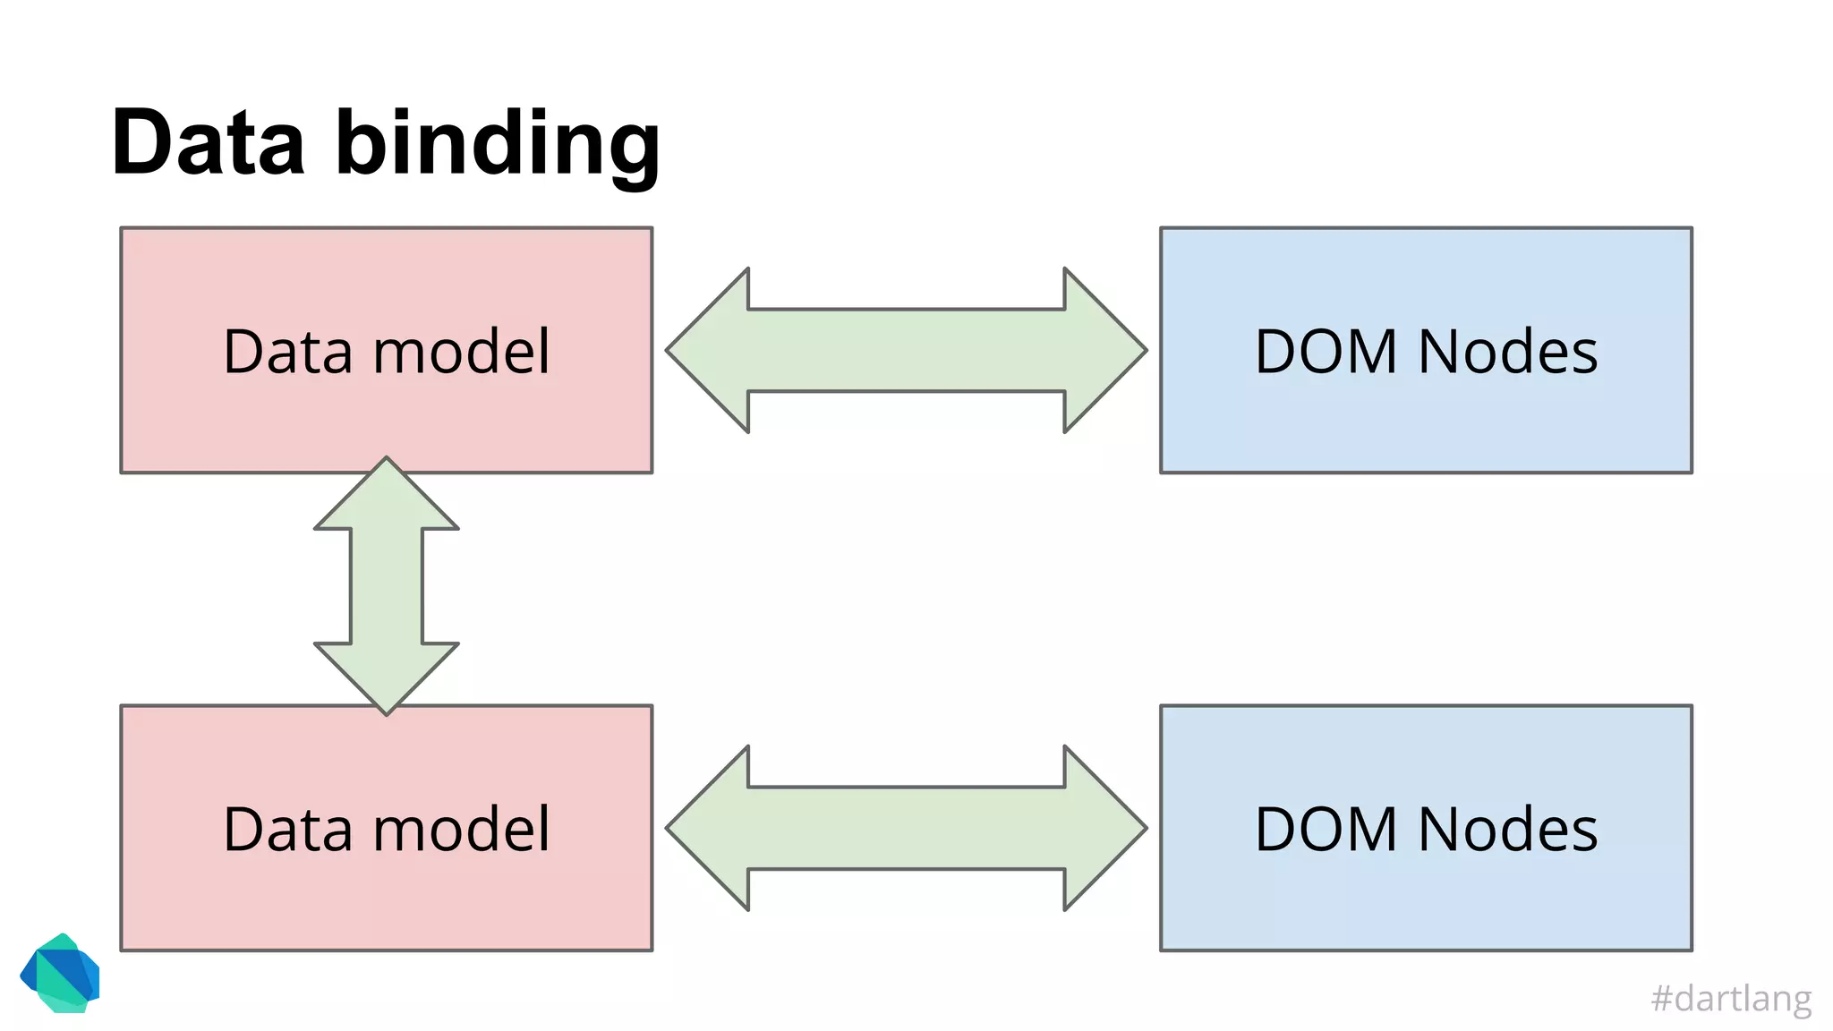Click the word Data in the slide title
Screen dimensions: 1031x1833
209,143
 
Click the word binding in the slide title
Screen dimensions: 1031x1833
498,145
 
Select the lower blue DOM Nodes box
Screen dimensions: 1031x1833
1426,904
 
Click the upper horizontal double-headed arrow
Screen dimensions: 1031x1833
906,350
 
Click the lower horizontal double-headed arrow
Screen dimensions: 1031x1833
906,828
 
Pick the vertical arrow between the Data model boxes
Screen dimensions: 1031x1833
387,586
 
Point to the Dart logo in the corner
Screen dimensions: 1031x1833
60,974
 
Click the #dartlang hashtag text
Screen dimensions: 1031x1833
1731,998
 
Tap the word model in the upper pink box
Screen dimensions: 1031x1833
461,351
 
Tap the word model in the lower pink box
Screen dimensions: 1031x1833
461,829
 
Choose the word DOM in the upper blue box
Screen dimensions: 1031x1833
1326,351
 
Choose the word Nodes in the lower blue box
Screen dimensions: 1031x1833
1508,829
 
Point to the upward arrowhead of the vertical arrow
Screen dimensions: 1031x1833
387,497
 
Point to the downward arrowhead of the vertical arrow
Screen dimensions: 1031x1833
387,676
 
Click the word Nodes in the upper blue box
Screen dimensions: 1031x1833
1508,351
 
